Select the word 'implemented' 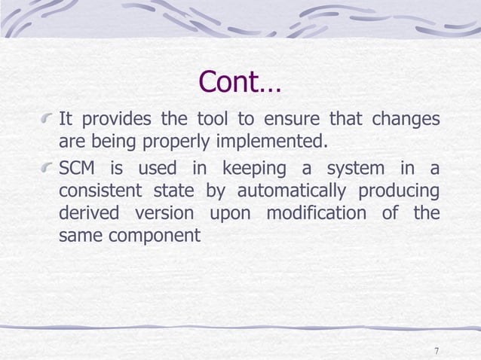[x=274, y=142]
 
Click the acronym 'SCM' [x=78, y=166]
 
